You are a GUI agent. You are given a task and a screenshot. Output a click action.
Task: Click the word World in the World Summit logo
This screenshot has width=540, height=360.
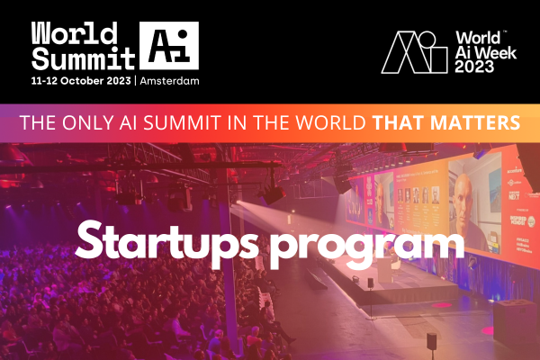(75, 33)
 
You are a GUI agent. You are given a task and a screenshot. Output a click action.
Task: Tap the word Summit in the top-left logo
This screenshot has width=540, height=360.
(83, 58)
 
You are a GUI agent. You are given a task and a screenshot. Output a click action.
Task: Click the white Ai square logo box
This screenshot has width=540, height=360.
(169, 46)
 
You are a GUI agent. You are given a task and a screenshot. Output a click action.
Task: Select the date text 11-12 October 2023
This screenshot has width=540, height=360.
(81, 81)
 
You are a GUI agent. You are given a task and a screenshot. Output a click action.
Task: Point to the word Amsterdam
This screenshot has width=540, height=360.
(169, 81)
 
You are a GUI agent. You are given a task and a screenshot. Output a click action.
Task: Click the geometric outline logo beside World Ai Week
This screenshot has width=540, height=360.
(414, 52)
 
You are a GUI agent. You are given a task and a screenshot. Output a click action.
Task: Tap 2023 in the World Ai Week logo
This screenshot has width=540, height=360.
(474, 66)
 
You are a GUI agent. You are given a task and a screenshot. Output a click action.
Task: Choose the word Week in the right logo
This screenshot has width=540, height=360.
(496, 52)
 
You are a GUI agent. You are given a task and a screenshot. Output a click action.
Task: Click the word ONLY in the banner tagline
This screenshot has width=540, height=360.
(88, 122)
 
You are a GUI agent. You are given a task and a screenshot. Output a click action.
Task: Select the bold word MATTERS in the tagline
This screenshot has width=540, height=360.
(475, 122)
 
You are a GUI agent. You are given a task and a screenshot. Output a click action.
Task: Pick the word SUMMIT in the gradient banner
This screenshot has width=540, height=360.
(182, 122)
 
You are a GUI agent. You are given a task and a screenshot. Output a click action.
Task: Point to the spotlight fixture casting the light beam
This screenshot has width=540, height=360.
(272, 193)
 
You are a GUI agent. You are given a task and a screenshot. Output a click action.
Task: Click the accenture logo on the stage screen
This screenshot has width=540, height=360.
(514, 170)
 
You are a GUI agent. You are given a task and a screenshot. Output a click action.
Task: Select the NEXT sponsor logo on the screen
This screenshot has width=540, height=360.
(514, 195)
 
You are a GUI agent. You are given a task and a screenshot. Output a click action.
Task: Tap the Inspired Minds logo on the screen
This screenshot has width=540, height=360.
(517, 220)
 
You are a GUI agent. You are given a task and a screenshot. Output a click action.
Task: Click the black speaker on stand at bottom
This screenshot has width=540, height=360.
(432, 341)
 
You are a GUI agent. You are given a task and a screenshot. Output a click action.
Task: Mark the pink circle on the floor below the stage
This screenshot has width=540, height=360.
(442, 305)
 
